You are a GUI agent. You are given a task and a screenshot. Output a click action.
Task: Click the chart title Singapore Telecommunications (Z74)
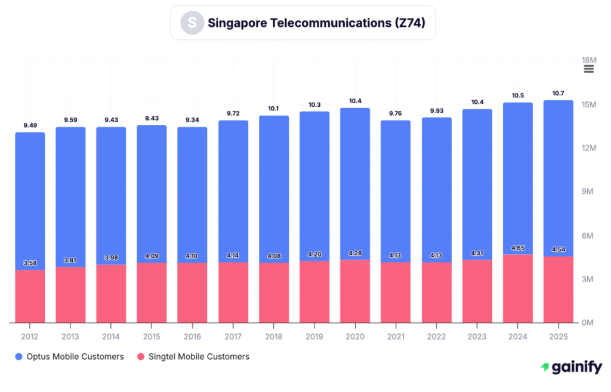[316, 23]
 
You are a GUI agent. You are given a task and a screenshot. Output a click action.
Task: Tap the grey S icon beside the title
[192, 23]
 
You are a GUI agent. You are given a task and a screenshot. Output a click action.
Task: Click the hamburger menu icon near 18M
[588, 69]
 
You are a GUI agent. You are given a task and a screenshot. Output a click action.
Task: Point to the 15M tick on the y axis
[589, 104]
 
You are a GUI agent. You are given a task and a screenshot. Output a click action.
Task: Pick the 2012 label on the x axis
[30, 337]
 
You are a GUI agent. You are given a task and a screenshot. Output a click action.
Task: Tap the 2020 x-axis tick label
[355, 337]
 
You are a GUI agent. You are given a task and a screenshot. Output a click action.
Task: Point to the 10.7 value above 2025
[558, 93]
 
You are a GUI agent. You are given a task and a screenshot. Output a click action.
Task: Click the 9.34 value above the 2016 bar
[192, 120]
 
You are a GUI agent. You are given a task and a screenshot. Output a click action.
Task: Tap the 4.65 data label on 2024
[517, 247]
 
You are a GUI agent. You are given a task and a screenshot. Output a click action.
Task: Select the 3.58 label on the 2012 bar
[30, 263]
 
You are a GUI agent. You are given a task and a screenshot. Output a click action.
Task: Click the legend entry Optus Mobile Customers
[69, 357]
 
